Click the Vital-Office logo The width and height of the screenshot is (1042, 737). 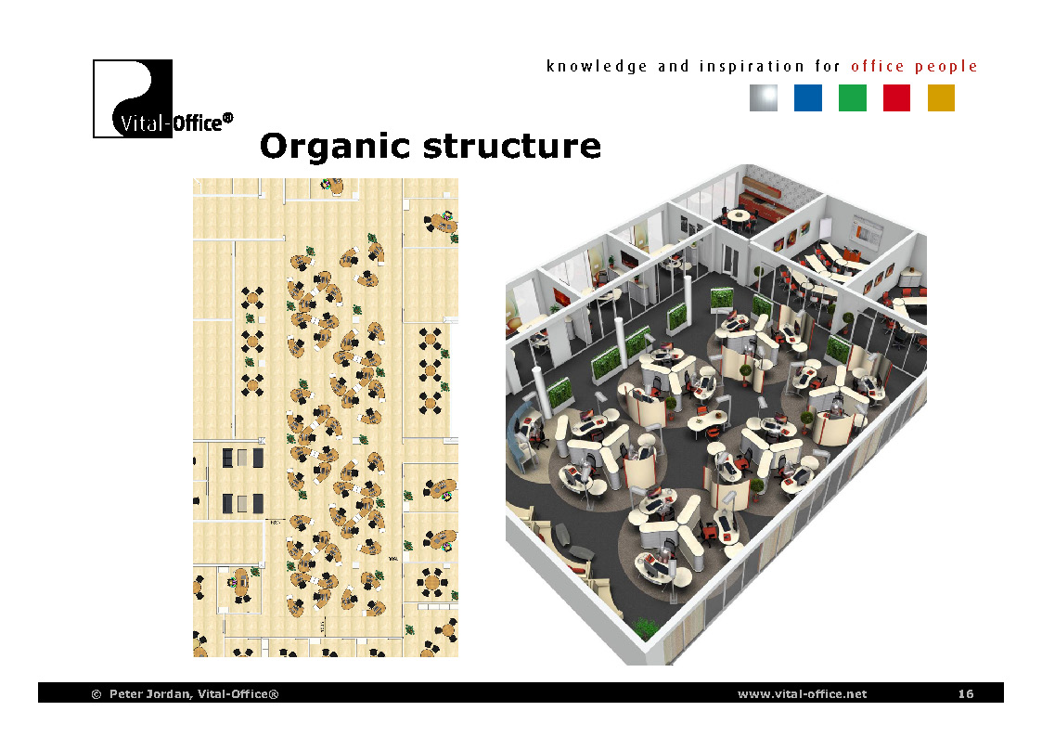click(133, 98)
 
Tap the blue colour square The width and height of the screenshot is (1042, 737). click(807, 98)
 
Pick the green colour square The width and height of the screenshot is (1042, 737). click(852, 98)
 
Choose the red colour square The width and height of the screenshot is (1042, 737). click(896, 98)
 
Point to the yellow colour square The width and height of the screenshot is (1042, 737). click(941, 98)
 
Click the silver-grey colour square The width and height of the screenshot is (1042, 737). click(763, 98)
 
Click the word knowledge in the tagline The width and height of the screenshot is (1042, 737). click(597, 67)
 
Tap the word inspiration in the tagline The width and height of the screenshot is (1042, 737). click(752, 67)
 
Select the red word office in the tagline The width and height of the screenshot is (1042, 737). click(878, 67)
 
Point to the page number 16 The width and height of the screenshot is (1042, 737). click(966, 694)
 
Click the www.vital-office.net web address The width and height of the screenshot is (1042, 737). click(802, 694)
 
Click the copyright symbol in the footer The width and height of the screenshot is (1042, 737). click(96, 694)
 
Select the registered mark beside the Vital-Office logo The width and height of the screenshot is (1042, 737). click(227, 119)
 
